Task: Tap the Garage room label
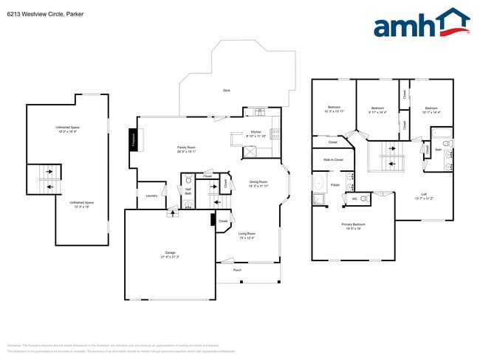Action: [x=170, y=254]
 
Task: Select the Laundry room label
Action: [x=151, y=195]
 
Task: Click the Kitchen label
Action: [x=256, y=134]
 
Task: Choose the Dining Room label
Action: [x=258, y=183]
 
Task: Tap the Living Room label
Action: [x=247, y=236]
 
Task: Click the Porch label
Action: [x=237, y=271]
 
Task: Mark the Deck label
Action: [x=226, y=91]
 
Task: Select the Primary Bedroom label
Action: [x=354, y=226]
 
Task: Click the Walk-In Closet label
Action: [x=334, y=159]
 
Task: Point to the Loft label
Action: [x=424, y=196]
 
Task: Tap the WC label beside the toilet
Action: [x=354, y=199]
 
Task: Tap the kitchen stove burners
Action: [x=275, y=134]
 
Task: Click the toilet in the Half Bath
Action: [x=188, y=179]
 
